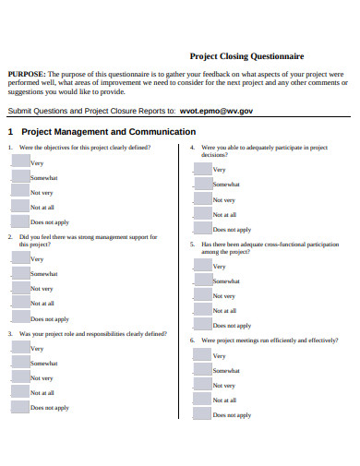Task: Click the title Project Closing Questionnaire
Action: click(246, 56)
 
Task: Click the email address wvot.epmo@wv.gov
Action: click(215, 109)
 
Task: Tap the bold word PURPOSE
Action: click(26, 74)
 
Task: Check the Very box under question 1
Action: click(19, 161)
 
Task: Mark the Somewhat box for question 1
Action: click(19, 175)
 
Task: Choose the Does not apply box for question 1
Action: click(19, 221)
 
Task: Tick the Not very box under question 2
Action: click(19, 287)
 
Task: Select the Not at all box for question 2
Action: click(19, 302)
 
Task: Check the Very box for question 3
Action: click(19, 347)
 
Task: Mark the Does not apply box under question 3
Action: click(19, 405)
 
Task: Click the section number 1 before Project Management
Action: click(10, 132)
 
